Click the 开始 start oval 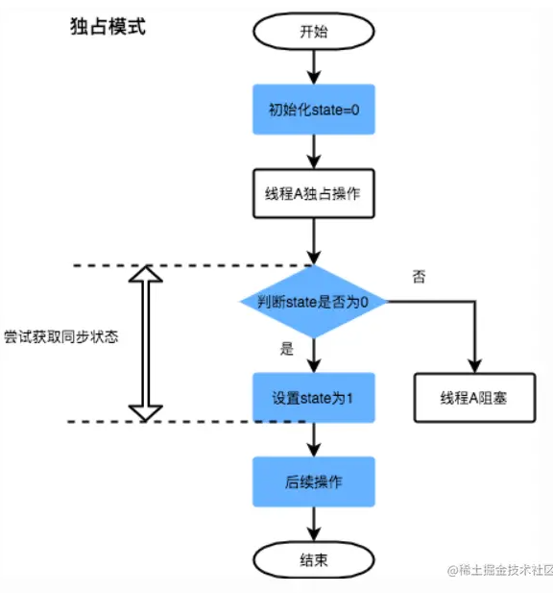tap(314, 31)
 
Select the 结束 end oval tap(314, 559)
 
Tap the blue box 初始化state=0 tap(314, 110)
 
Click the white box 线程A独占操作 tap(314, 193)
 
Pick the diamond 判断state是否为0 tap(314, 302)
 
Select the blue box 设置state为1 tap(314, 398)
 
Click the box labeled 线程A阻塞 tap(475, 398)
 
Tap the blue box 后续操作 tap(314, 482)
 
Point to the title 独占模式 tap(108, 27)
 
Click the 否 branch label tap(419, 277)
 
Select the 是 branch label tap(287, 349)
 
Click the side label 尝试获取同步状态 tap(61, 336)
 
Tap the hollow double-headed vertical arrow tap(145, 343)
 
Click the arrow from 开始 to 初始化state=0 tap(314, 67)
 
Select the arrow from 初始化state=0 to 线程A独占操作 tap(314, 152)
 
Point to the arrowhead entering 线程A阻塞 tap(475, 366)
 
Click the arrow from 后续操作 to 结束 tap(314, 524)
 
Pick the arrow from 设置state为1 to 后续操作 tap(314, 440)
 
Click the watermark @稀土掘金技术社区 tap(500, 570)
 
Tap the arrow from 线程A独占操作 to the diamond tap(314, 241)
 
